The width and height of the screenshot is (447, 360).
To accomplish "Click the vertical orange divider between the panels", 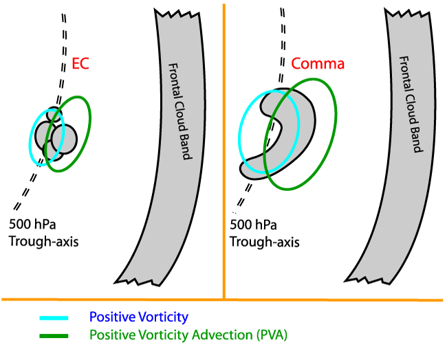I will (x=224, y=172).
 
